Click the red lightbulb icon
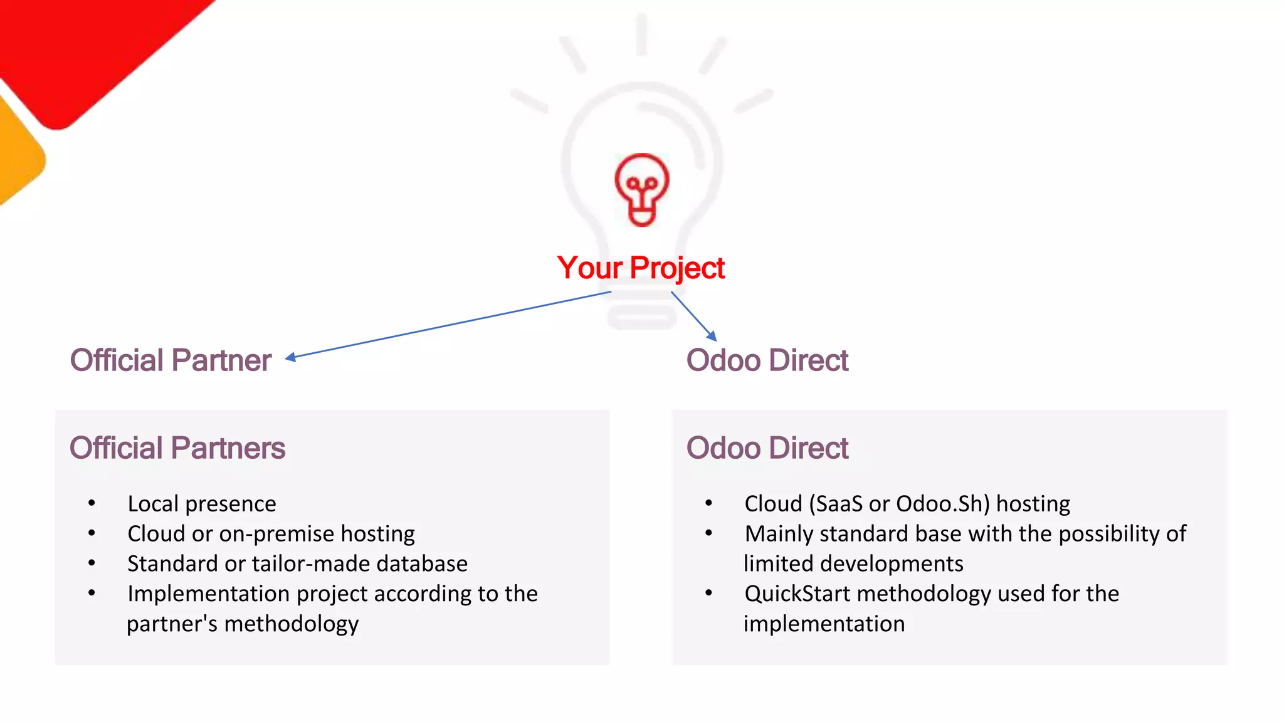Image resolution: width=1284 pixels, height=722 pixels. (x=641, y=189)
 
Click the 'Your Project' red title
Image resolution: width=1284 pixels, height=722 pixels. (x=641, y=268)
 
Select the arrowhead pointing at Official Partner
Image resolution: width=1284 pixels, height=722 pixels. (x=290, y=357)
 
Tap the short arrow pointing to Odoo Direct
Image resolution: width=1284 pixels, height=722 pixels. (x=693, y=316)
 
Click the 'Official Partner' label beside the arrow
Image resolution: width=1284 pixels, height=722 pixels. (x=171, y=360)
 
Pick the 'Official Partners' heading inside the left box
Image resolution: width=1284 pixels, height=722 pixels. (x=177, y=448)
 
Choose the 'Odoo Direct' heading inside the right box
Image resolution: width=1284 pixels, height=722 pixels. (x=767, y=448)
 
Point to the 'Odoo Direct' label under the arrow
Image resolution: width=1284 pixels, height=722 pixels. (x=767, y=360)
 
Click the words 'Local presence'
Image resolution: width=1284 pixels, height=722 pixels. (x=202, y=504)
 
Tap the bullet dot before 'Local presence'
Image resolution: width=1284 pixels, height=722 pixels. (x=92, y=503)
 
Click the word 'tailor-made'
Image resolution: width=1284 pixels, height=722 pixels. (x=302, y=564)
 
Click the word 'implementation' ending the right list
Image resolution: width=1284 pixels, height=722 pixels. (x=824, y=624)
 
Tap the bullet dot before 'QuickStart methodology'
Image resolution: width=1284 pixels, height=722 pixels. (x=709, y=593)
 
